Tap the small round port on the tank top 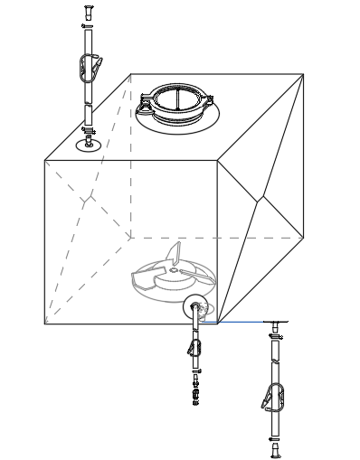click(89, 144)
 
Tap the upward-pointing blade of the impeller click(175, 252)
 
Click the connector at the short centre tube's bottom click(194, 394)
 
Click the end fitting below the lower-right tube click(274, 448)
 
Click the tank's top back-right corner click(303, 74)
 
